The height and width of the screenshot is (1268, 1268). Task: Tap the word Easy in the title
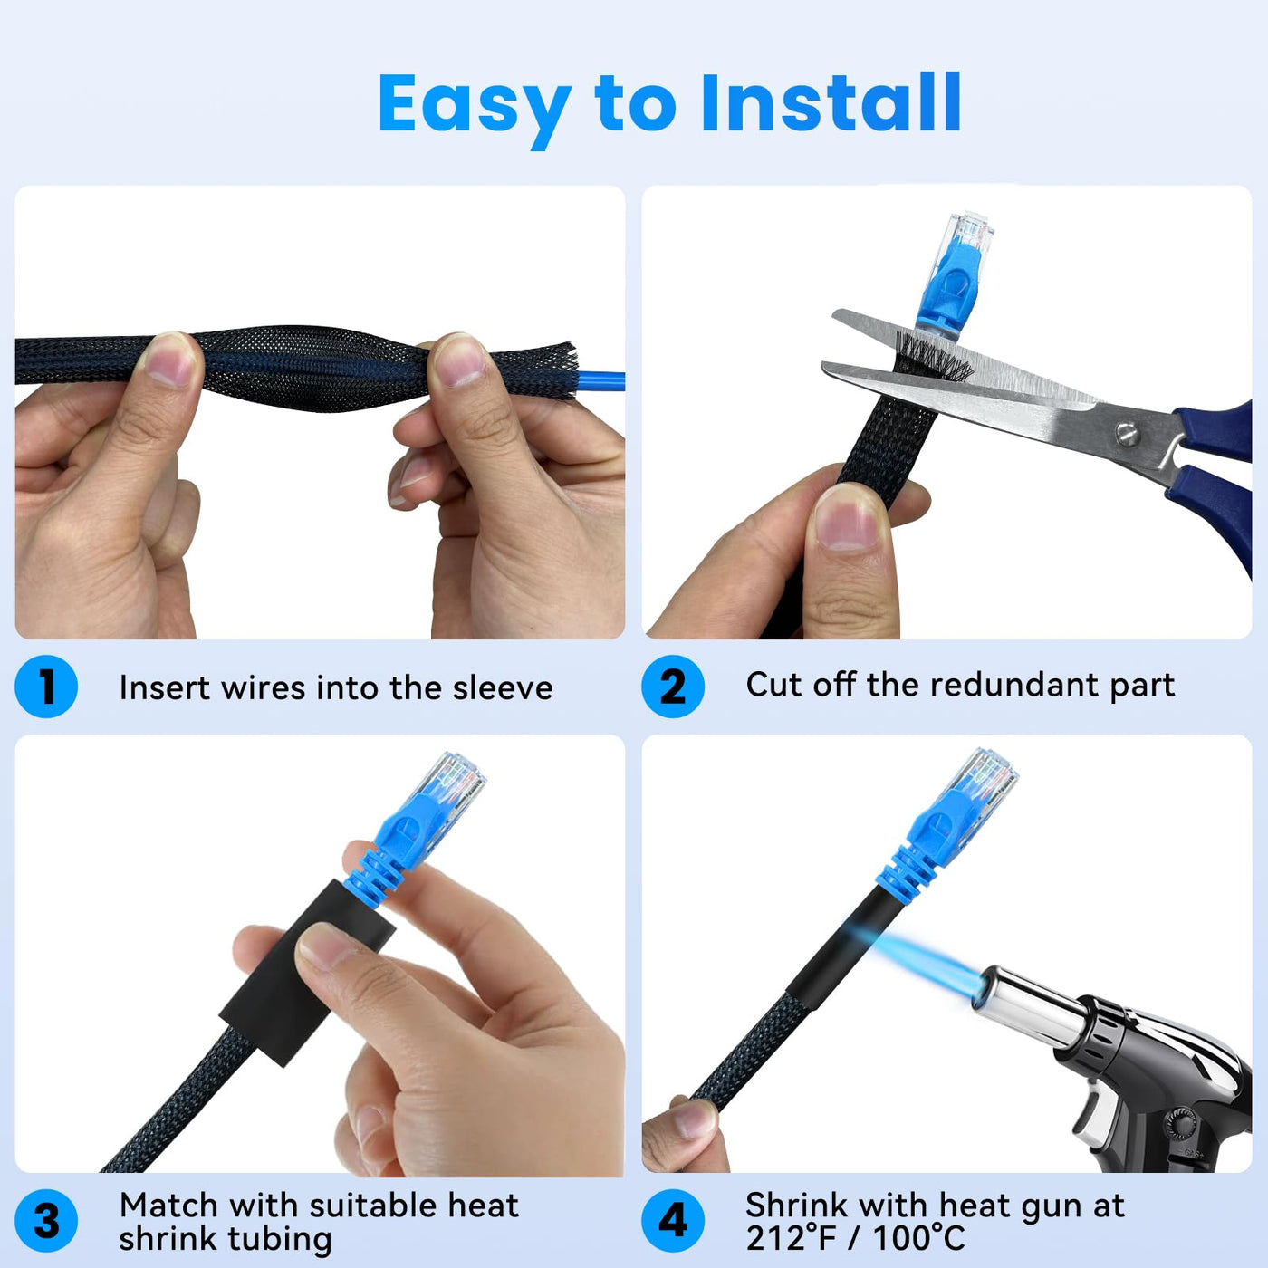tap(474, 110)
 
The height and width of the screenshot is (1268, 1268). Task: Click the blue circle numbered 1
tap(46, 687)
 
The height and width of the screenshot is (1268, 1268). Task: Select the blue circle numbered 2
tap(673, 687)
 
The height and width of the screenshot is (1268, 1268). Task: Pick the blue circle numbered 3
tap(46, 1221)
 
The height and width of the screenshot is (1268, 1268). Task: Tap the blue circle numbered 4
tap(673, 1221)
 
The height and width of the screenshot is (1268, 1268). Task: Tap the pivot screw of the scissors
tap(1128, 434)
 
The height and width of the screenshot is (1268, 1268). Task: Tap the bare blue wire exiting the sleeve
tap(600, 381)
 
